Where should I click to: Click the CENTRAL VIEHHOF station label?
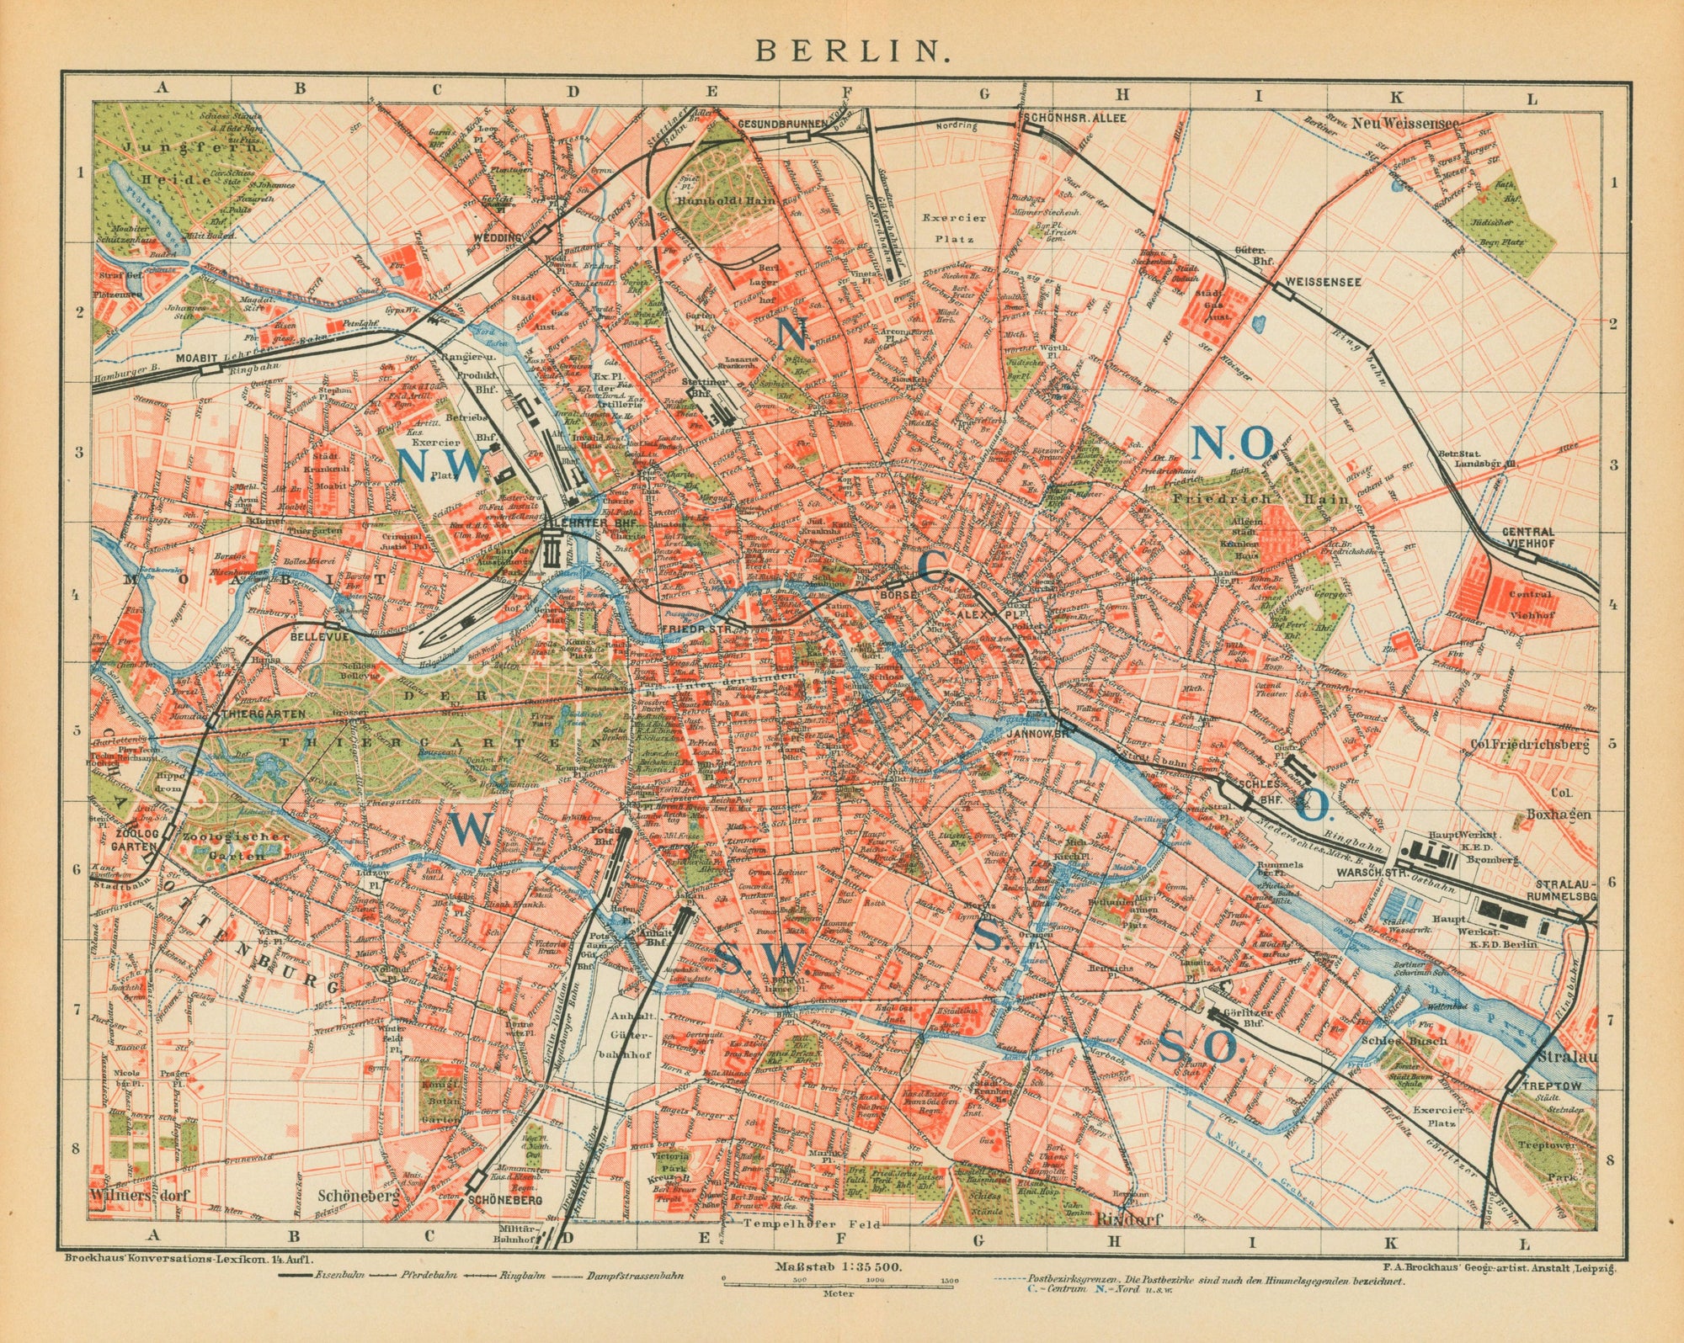[1529, 537]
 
